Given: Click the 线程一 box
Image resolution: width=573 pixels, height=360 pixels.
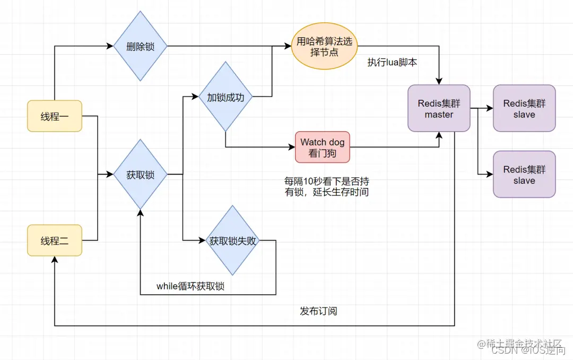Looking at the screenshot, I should point(55,116).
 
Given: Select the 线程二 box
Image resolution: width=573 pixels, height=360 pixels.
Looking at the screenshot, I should point(55,241).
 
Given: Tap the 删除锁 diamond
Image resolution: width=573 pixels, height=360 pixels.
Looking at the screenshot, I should point(140,46).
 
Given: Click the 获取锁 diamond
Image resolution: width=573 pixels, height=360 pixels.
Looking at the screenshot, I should point(140,174).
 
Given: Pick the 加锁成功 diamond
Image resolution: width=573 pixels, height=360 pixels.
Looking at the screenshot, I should point(225,97).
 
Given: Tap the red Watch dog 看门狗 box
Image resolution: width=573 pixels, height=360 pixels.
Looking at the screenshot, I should point(323,147).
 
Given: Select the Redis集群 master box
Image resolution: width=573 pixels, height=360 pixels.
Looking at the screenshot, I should point(439,108).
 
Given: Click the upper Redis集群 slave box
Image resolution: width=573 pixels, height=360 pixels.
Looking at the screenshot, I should point(524,108).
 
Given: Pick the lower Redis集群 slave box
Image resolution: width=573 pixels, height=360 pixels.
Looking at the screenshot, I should point(524,174).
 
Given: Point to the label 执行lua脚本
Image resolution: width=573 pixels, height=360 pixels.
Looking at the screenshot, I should point(392,62).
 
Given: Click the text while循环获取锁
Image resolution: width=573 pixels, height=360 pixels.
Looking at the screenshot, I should point(190,286).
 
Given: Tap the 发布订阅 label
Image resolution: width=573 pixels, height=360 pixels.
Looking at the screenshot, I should point(318,311).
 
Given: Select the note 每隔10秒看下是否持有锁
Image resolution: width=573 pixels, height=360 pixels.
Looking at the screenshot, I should point(327,187).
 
